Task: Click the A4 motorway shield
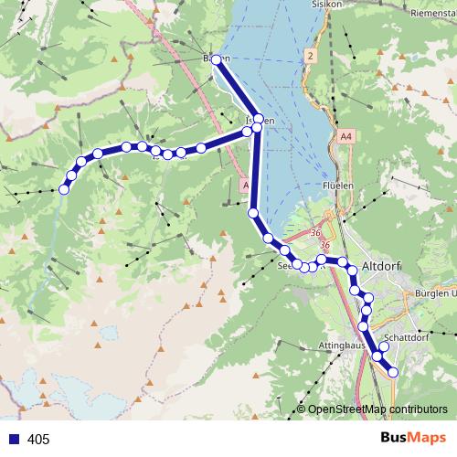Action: [x=345, y=136]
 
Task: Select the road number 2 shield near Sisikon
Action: [x=311, y=57]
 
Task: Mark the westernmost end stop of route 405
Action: [x=64, y=189]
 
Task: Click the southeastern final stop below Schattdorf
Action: [x=394, y=372]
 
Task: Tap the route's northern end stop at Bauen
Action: [x=216, y=59]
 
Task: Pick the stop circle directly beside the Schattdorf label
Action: [x=384, y=346]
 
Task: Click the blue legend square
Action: [x=13, y=440]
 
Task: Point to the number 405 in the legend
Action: [x=38, y=440]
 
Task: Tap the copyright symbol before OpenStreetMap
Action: [x=301, y=409]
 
